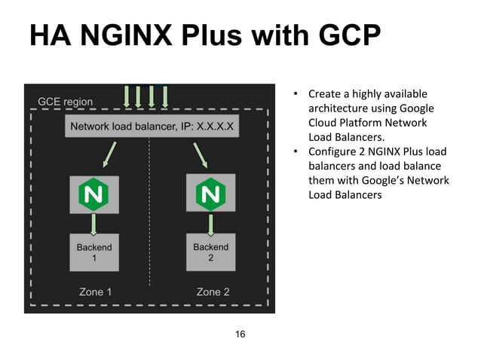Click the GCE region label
(66, 102)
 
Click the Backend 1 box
(94, 252)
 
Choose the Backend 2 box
(210, 252)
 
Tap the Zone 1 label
(96, 292)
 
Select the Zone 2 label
(213, 292)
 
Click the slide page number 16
(240, 334)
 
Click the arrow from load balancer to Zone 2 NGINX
(200, 155)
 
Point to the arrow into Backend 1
(93, 223)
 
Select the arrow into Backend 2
(210, 223)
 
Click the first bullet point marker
(297, 95)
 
